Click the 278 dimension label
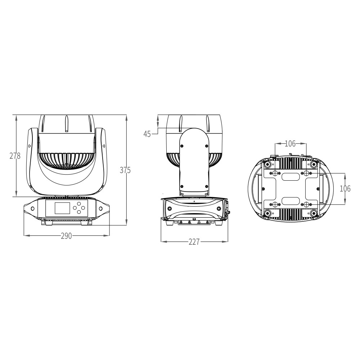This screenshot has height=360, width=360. [x=15, y=156]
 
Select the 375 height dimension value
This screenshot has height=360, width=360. [x=125, y=170]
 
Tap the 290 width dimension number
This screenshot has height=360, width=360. [x=66, y=236]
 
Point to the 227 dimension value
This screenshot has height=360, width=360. [x=194, y=242]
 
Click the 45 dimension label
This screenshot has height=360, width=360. [x=147, y=134]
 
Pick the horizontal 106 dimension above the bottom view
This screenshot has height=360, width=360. [x=290, y=144]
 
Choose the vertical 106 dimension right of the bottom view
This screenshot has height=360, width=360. [x=345, y=189]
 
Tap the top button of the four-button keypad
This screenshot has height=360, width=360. [x=79, y=204]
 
